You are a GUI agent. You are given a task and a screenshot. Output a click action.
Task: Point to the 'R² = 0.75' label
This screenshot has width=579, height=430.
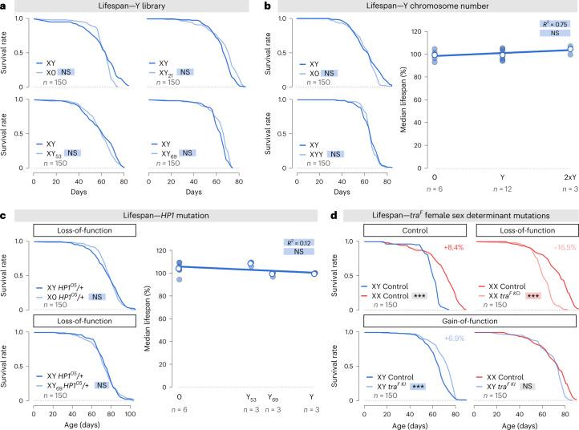(551, 25)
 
